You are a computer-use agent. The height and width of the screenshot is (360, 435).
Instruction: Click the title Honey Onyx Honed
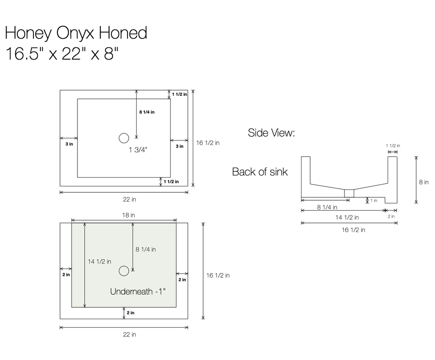point(76,33)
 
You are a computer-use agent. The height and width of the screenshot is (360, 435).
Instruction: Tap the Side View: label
point(271,133)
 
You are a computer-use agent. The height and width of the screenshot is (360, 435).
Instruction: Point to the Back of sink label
point(260,172)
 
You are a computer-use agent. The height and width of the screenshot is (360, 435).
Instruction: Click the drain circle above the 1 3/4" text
point(124,138)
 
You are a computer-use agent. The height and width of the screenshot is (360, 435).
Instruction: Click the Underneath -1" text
point(138,292)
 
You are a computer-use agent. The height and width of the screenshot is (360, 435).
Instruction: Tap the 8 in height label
point(424,182)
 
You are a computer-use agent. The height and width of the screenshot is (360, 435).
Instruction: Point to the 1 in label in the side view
point(374,201)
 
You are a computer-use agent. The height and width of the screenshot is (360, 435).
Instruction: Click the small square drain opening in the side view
point(349,193)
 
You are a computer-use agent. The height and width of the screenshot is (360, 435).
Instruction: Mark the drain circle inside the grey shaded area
point(124,271)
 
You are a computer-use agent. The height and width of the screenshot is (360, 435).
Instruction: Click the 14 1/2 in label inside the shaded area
point(100,262)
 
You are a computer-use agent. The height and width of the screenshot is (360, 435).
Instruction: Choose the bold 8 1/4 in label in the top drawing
point(147,112)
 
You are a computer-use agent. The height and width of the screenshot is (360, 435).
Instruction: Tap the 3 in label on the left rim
point(69,144)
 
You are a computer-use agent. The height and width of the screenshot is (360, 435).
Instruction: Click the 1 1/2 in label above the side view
point(393,146)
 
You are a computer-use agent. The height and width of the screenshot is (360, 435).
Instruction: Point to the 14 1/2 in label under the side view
point(346,217)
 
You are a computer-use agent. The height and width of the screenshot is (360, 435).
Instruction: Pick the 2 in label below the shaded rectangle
point(130,313)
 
